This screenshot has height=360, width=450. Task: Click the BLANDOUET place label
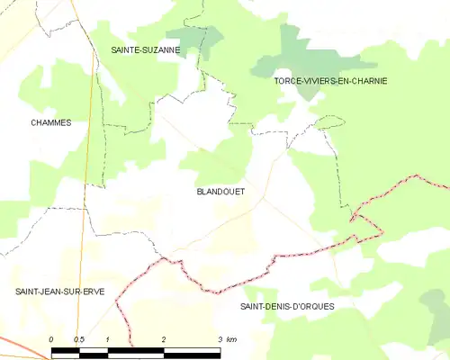coord(220,192)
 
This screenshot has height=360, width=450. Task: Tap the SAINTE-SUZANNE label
coord(145,50)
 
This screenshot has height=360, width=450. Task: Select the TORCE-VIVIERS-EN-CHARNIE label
coord(330,81)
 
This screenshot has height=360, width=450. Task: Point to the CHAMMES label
coord(50,122)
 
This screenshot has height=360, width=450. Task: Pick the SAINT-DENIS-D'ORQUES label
coord(287,307)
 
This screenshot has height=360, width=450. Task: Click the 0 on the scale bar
coord(51,338)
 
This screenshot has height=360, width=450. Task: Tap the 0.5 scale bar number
coord(78,338)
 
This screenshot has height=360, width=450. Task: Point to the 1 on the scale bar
coord(107,338)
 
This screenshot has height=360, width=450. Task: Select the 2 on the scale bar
coord(163,338)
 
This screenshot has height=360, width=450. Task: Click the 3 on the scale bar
coord(219,338)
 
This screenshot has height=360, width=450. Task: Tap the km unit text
coord(231,338)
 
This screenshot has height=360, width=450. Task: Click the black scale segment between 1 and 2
coord(135,348)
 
